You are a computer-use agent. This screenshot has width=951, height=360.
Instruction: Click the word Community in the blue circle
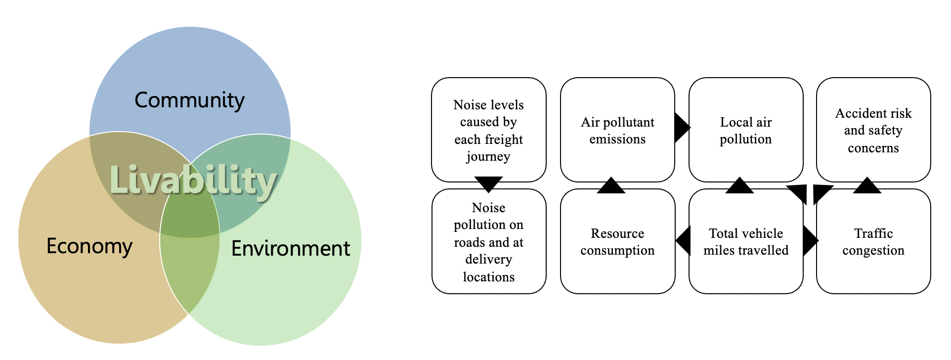point(189,100)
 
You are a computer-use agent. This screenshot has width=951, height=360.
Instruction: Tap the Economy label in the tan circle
point(89,246)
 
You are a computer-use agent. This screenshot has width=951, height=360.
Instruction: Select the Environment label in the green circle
point(291,248)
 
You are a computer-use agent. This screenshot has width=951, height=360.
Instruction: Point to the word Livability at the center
point(193,180)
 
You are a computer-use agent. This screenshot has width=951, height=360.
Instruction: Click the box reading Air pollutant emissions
point(617,130)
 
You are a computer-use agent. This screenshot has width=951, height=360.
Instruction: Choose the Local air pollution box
point(745,130)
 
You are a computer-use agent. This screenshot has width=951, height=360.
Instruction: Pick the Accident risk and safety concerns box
point(873,130)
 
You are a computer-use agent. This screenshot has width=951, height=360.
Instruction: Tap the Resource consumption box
point(617,241)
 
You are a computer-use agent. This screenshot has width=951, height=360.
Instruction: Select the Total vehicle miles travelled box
point(745,241)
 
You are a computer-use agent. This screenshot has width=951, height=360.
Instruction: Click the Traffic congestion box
point(873,241)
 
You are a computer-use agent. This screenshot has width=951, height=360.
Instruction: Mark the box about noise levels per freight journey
point(488,130)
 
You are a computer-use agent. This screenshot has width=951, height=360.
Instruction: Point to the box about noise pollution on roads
point(488,241)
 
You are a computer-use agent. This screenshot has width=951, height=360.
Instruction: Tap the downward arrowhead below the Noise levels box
point(488,183)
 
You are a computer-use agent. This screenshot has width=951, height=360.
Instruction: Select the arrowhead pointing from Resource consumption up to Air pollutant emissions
point(611,186)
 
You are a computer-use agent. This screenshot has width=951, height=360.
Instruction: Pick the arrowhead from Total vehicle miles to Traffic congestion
point(810,241)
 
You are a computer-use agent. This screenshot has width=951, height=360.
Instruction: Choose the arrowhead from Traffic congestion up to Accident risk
point(867,186)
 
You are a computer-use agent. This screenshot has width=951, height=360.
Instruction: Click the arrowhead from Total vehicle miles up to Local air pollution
point(739,186)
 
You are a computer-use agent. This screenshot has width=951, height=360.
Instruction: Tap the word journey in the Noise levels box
point(488,157)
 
